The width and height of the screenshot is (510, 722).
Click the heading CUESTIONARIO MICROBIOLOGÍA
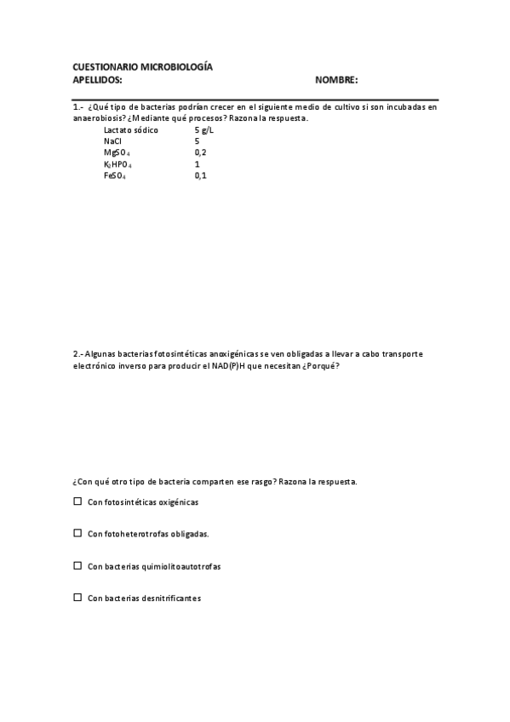click(142, 66)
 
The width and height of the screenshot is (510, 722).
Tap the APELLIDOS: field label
click(98, 80)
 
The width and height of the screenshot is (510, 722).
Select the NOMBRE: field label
click(336, 80)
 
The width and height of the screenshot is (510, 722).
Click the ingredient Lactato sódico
click(130, 130)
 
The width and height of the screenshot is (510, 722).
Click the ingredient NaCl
click(112, 141)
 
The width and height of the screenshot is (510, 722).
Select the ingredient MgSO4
click(117, 152)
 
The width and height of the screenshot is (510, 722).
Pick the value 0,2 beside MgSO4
click(200, 152)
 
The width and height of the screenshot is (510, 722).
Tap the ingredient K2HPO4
click(117, 163)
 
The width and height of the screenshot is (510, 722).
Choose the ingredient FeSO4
click(116, 175)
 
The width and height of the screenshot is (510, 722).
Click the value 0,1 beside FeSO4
click(200, 175)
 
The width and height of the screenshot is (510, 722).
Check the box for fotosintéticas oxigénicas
click(77, 501)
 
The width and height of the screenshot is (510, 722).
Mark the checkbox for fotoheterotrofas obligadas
click(77, 533)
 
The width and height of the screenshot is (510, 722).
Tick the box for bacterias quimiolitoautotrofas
click(77, 565)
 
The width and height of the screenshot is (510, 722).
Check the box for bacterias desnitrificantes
click(77, 598)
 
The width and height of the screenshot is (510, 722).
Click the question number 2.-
click(78, 353)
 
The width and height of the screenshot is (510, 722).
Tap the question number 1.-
click(78, 107)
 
